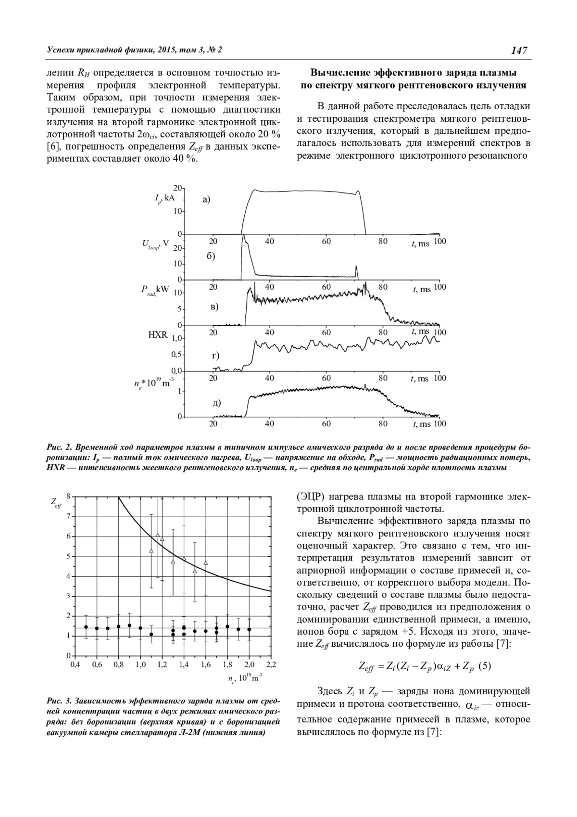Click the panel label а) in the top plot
point(206,199)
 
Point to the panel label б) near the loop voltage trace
point(211,256)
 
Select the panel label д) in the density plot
point(216,403)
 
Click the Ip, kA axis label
point(164,198)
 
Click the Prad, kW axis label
point(155,290)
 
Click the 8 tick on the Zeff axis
point(68,496)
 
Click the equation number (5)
point(485,666)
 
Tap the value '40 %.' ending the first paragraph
point(184,159)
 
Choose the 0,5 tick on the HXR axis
point(178,355)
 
